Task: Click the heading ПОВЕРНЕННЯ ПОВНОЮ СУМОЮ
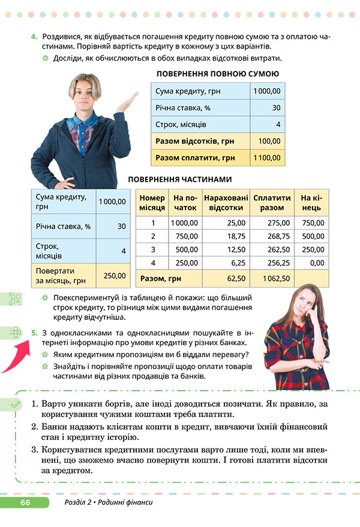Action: (x=217, y=74)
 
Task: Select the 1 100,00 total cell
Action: (x=267, y=158)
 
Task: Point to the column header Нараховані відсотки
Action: (x=226, y=203)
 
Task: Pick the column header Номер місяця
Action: (x=152, y=203)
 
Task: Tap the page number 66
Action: (x=25, y=502)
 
